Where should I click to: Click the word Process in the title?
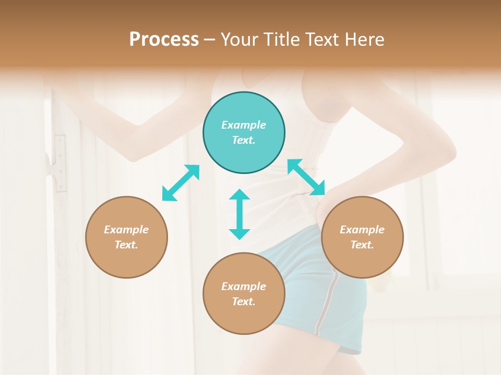point(164,40)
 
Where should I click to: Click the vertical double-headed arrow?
point(240,214)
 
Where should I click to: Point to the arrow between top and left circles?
point(181,182)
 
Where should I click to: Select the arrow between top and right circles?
point(306,178)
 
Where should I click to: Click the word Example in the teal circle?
point(244,125)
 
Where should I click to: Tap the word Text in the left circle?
point(126,245)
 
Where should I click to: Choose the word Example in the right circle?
point(362,230)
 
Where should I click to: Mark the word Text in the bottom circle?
point(244,302)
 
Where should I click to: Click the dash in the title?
point(210,40)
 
